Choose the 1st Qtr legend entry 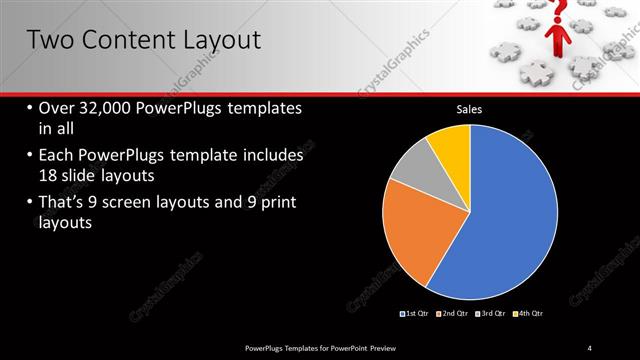coord(416,314)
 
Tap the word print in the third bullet coord(276,203)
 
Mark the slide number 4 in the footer coord(590,347)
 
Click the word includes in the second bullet coord(270,156)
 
